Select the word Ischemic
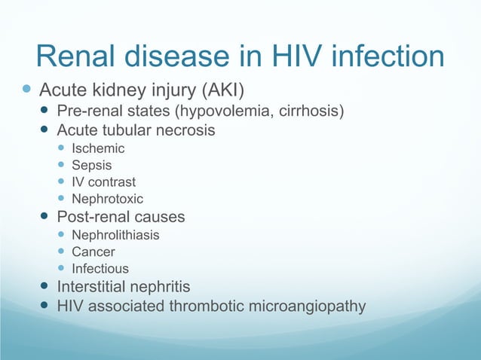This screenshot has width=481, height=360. (x=98, y=148)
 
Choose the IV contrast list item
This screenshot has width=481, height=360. (x=103, y=182)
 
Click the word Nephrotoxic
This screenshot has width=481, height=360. (x=107, y=199)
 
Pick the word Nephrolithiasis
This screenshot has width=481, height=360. (x=115, y=235)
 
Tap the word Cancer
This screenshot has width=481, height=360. (x=93, y=252)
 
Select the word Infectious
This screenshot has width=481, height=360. (x=100, y=269)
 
